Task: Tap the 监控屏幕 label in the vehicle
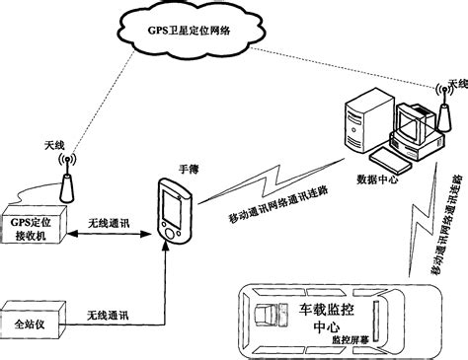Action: pyautogui.click(x=351, y=338)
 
